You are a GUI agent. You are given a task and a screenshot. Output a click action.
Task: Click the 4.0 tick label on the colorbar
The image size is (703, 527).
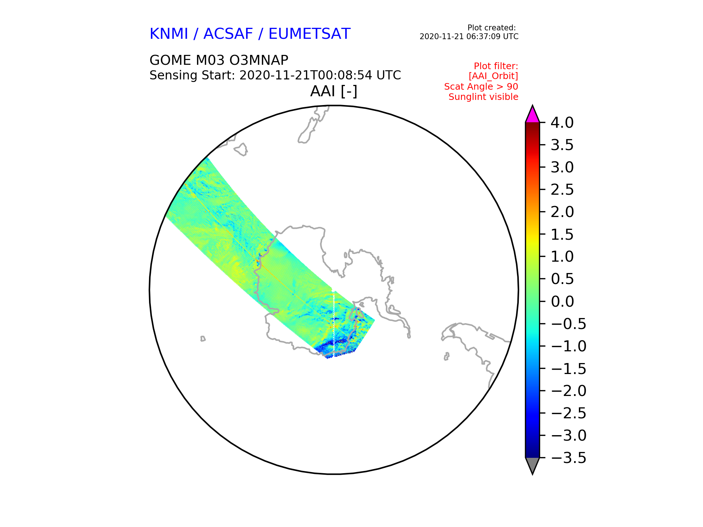click(562, 123)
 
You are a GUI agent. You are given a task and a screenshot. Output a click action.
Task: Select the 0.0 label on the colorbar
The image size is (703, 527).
click(562, 302)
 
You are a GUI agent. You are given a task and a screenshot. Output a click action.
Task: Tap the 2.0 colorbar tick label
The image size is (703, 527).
click(562, 212)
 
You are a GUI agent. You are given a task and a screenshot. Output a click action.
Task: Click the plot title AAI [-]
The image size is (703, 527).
click(334, 91)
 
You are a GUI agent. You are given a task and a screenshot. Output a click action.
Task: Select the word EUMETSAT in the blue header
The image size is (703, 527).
click(309, 34)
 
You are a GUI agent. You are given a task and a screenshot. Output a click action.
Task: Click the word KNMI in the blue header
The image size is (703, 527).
click(169, 34)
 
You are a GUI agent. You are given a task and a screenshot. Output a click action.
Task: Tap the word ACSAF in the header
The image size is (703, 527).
click(228, 34)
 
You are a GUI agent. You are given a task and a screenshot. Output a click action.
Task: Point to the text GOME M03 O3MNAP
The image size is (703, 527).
click(219, 60)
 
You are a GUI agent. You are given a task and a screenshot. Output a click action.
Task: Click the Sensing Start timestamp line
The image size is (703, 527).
click(275, 75)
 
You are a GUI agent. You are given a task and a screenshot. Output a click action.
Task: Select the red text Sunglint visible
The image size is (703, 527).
click(483, 97)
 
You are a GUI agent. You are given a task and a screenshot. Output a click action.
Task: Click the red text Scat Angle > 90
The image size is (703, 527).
click(481, 87)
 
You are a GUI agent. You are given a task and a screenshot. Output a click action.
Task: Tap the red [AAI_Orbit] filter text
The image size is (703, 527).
click(493, 76)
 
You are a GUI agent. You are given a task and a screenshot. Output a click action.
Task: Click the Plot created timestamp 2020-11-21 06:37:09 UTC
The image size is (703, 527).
click(469, 37)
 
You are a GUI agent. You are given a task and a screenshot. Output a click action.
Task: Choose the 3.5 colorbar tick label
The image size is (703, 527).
click(562, 145)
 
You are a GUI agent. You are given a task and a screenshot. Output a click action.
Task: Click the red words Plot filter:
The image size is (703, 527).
click(496, 66)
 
